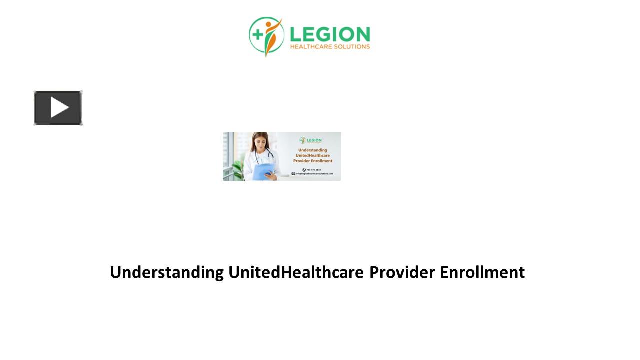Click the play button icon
coord(58,108)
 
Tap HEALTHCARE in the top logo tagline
coord(313,47)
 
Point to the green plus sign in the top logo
coord(258,34)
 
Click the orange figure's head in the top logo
coord(270,23)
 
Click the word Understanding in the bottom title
coord(167,272)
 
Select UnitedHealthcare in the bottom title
coord(296,272)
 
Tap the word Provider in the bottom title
coord(402,272)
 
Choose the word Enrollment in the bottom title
coord(482,272)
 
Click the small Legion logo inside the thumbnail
coord(310,140)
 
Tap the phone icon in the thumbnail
coord(304,169)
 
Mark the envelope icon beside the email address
coord(293,174)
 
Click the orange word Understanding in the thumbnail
coord(313,150)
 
